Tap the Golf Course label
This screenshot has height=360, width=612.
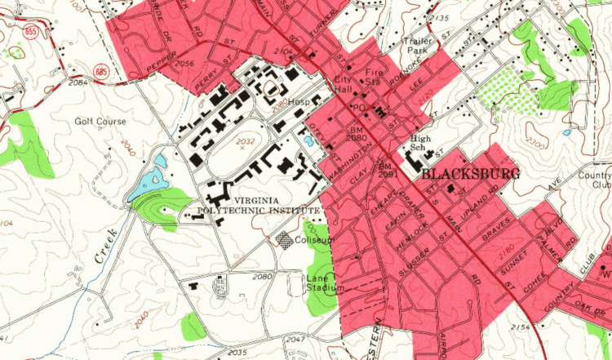101,122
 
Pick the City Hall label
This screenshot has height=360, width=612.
346,84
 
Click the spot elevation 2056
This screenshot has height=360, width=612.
184,64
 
